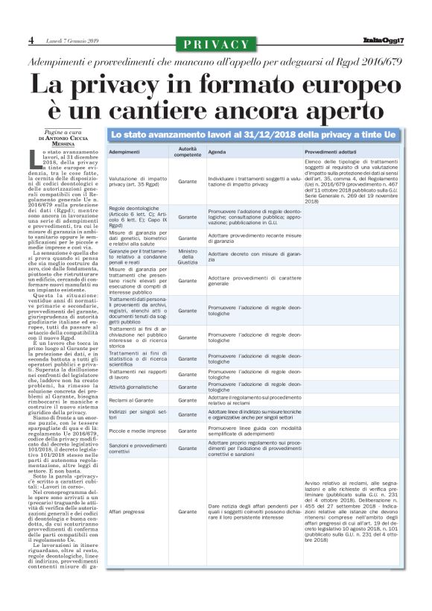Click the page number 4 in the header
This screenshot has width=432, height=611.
coord(31,41)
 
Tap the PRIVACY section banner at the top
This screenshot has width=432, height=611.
coord(215,44)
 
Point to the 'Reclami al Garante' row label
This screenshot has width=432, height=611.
coord(129,401)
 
